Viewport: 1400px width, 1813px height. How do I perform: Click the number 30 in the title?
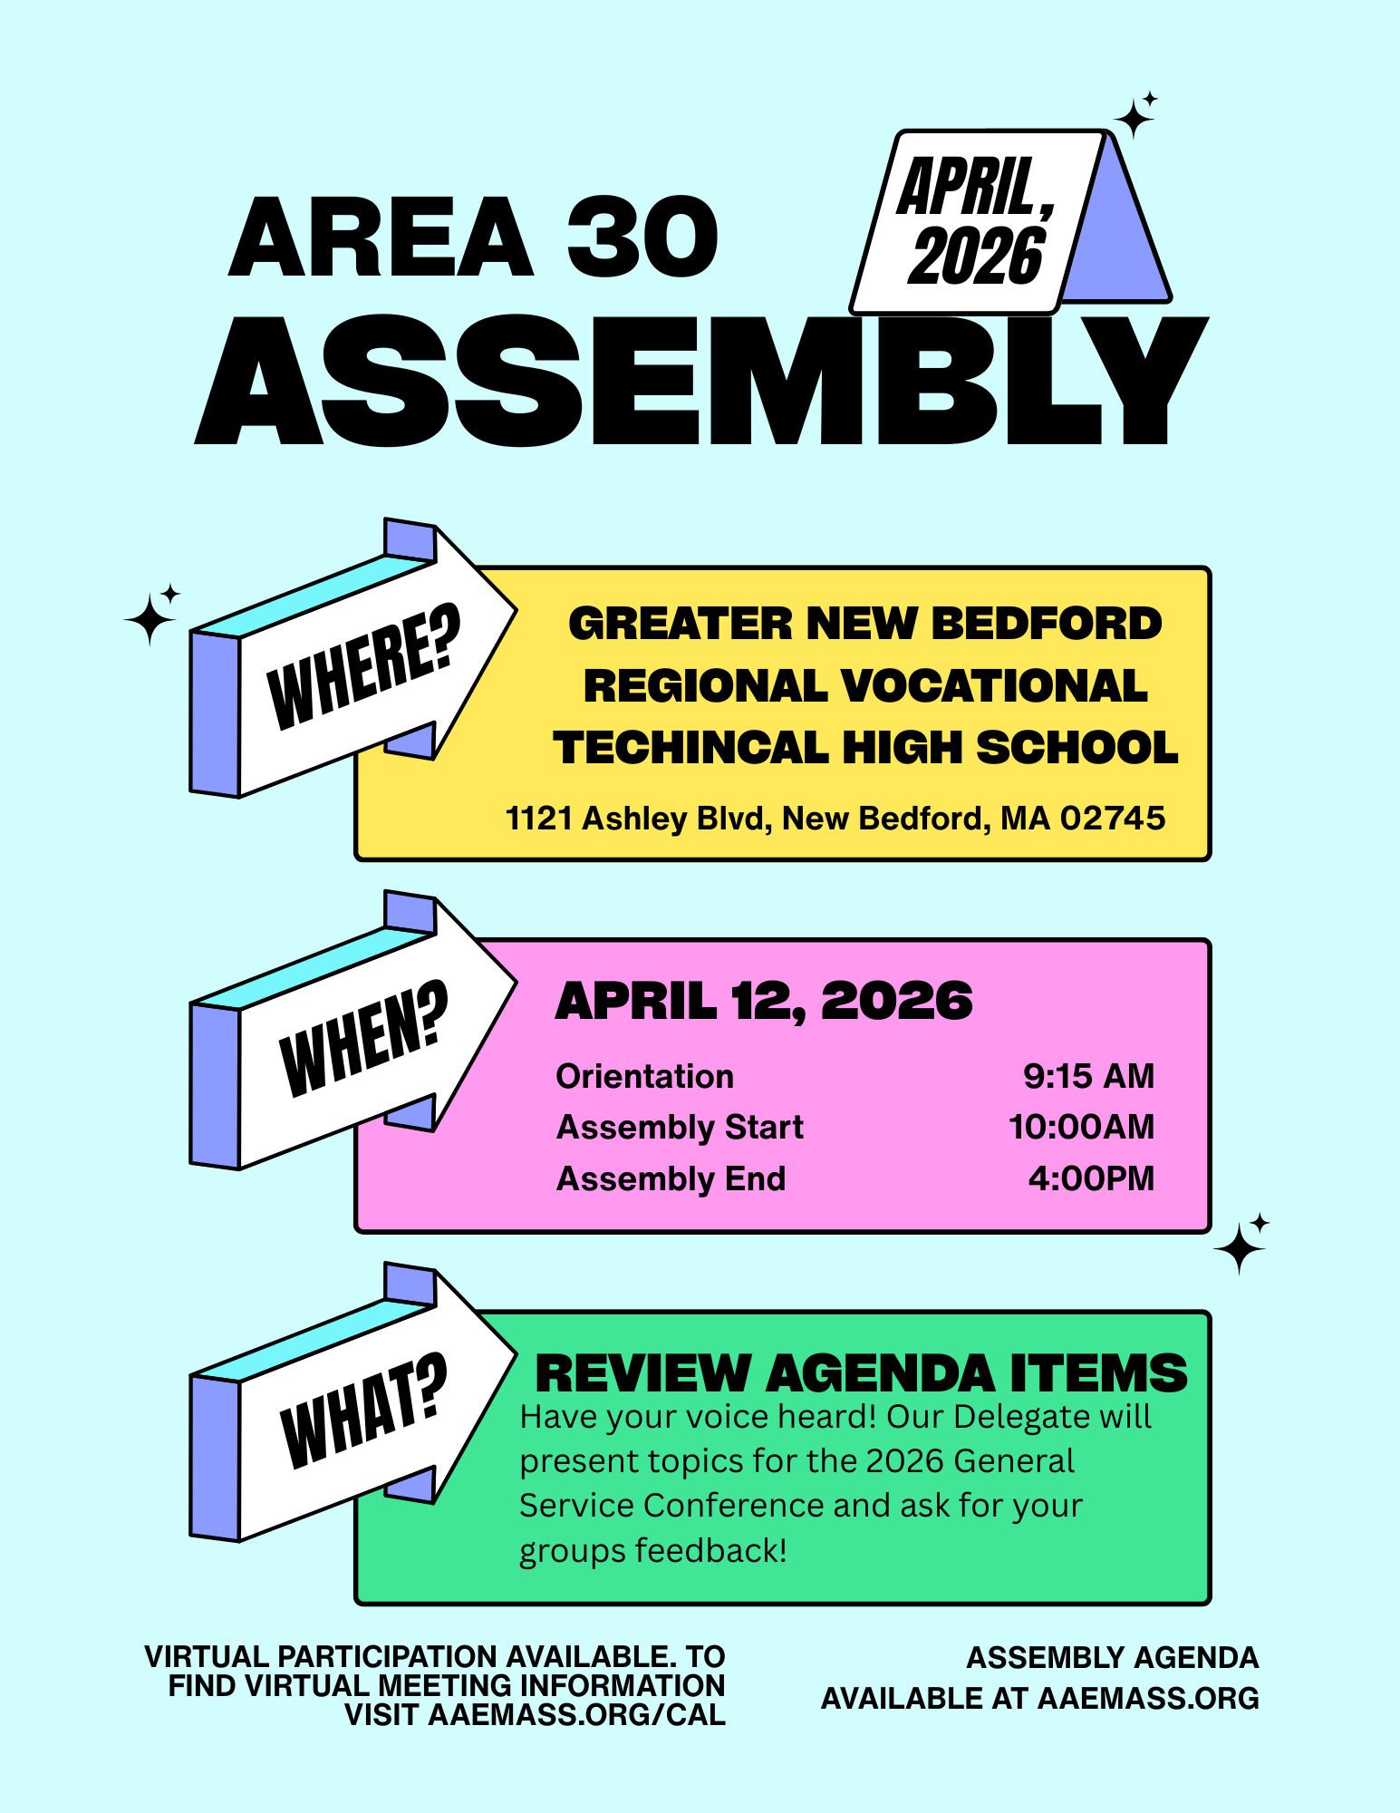tap(642, 238)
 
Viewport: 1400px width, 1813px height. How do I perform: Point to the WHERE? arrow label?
tap(362, 666)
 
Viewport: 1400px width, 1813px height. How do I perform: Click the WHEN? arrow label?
tap(362, 1038)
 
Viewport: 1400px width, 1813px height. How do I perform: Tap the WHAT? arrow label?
tap(362, 1410)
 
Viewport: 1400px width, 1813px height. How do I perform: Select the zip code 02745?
tap(1112, 819)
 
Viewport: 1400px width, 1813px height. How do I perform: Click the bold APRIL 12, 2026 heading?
tap(763, 1002)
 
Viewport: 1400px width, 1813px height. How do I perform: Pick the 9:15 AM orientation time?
tap(1088, 1076)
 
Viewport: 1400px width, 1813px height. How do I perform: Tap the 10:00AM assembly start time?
tap(1081, 1127)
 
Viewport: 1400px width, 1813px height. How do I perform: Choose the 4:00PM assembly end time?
tap(1091, 1178)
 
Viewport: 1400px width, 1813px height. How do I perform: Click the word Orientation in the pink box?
tap(644, 1076)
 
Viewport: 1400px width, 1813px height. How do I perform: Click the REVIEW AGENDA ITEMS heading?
tap(861, 1373)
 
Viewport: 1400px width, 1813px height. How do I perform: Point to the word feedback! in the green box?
tap(710, 1551)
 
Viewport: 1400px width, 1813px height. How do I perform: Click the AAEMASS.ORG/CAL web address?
tap(576, 1715)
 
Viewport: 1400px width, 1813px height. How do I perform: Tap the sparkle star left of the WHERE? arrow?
tap(150, 618)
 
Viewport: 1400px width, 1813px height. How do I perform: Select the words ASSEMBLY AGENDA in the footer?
tap(1112, 1657)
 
